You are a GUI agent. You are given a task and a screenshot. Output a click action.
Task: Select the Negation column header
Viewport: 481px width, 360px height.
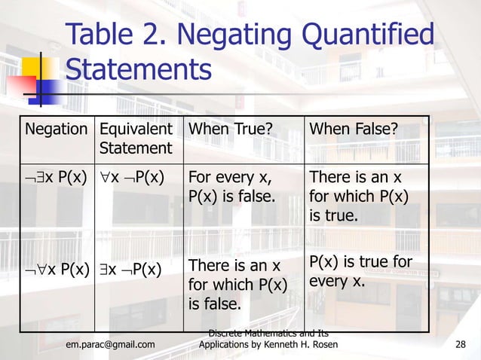pos(57,130)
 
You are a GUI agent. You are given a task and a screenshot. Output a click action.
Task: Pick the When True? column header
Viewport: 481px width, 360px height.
pos(229,130)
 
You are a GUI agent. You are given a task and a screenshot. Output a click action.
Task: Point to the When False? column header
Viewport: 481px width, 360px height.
pos(352,130)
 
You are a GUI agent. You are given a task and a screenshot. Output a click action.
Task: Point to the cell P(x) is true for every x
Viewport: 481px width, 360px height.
pos(360,271)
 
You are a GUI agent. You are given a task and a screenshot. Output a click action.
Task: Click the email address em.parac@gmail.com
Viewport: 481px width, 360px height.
pos(111,345)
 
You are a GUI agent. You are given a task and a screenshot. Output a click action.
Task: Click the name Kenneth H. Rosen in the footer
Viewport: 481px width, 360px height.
pos(302,345)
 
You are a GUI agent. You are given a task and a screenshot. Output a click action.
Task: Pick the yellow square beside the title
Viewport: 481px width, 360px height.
pos(41,72)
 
